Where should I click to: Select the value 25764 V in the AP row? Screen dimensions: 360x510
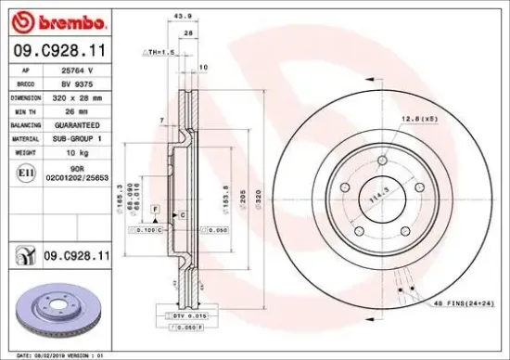tap(74, 71)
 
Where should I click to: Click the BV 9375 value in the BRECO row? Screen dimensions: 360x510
tap(74, 83)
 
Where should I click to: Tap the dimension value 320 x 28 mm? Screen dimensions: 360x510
tap(74, 96)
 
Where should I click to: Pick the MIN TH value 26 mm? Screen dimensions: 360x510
tap(74, 109)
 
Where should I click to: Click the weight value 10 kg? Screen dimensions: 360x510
tap(74, 150)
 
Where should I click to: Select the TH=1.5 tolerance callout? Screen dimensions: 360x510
tap(159, 52)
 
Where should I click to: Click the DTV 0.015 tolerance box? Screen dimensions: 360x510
tap(190, 316)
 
